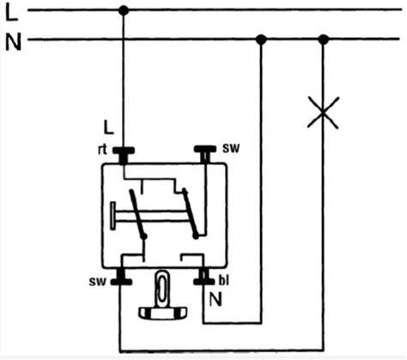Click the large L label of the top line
click(x=11, y=13)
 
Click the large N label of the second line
click(x=14, y=42)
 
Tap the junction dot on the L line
click(x=124, y=10)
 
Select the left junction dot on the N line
click(x=261, y=40)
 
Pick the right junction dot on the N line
click(x=324, y=40)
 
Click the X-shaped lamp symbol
click(x=323, y=113)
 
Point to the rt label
click(x=102, y=149)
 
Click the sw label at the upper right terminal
click(x=231, y=148)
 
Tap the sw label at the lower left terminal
click(x=98, y=282)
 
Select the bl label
click(x=224, y=281)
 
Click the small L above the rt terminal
click(x=108, y=128)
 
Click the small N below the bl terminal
click(x=216, y=299)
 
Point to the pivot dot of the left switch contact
click(x=144, y=236)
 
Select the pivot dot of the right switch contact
click(x=196, y=236)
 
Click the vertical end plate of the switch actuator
click(x=113, y=216)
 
